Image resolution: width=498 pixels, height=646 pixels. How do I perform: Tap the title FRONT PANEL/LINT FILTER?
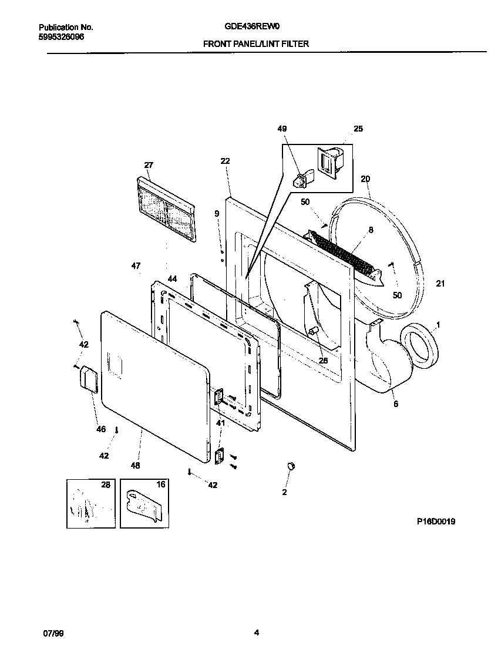click(x=255, y=43)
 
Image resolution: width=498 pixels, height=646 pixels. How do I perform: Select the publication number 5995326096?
click(x=62, y=36)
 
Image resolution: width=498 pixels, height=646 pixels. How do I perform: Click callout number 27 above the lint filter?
click(x=148, y=166)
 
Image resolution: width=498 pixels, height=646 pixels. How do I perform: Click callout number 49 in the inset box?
click(x=282, y=129)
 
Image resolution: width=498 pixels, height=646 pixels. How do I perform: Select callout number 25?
click(x=358, y=129)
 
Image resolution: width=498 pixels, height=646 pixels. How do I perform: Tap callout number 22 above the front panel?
click(x=225, y=161)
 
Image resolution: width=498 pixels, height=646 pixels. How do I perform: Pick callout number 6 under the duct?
click(x=395, y=404)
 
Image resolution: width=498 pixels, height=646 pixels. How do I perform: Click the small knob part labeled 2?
click(x=290, y=466)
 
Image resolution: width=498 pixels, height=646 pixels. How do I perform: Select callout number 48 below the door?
click(x=136, y=466)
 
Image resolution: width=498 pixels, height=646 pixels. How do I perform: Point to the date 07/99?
click(x=52, y=633)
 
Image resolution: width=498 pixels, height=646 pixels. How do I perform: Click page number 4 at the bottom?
click(x=257, y=633)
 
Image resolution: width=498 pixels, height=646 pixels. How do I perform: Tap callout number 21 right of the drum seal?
click(x=440, y=284)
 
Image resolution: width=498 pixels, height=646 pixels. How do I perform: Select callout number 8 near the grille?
click(x=371, y=231)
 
